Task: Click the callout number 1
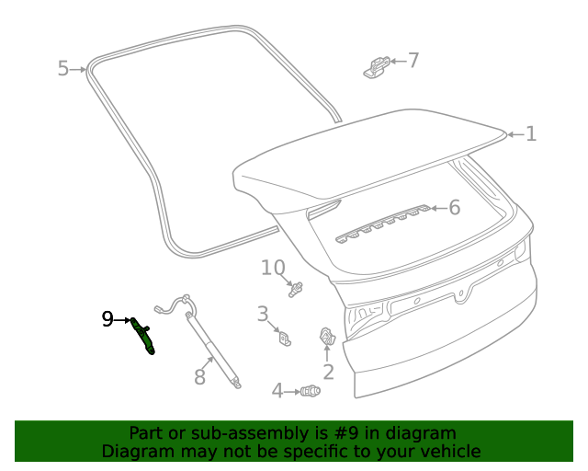[530, 134]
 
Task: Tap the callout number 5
[63, 68]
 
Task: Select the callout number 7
[413, 61]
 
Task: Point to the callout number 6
[453, 208]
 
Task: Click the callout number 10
[273, 268]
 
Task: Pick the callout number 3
[262, 314]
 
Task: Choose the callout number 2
[328, 372]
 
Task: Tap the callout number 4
[277, 391]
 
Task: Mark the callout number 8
[199, 376]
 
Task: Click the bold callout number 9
[107, 319]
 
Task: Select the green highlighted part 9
[142, 335]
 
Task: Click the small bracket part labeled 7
[376, 67]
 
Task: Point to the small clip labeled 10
[297, 290]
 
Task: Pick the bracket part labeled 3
[286, 339]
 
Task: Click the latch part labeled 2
[327, 338]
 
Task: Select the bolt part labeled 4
[311, 392]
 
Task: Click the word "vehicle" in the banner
[450, 451]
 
